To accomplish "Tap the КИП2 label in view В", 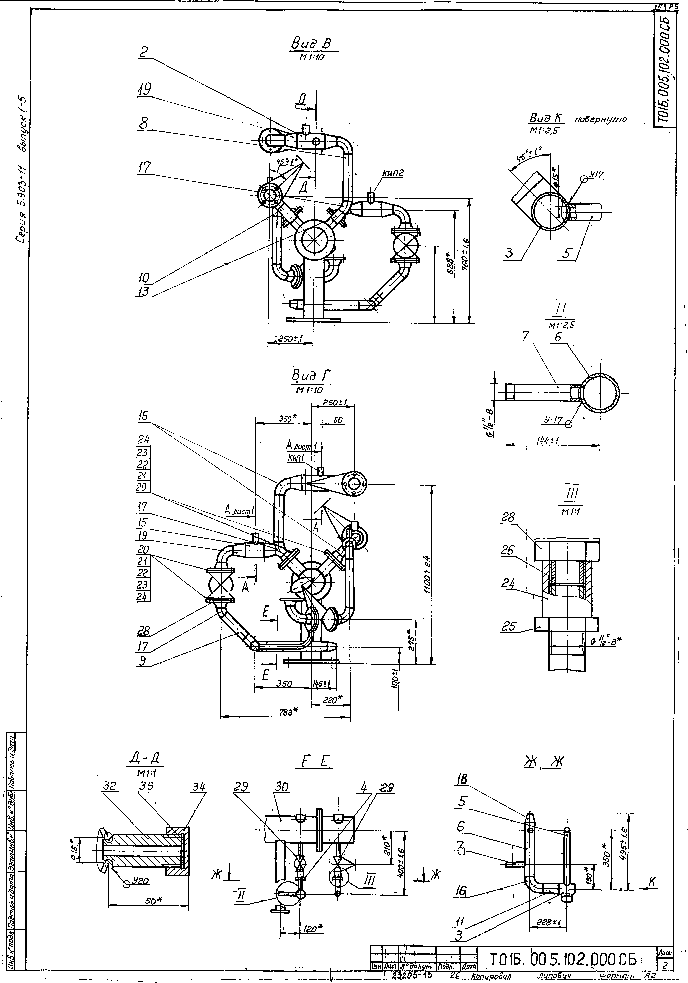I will click(x=393, y=174).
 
